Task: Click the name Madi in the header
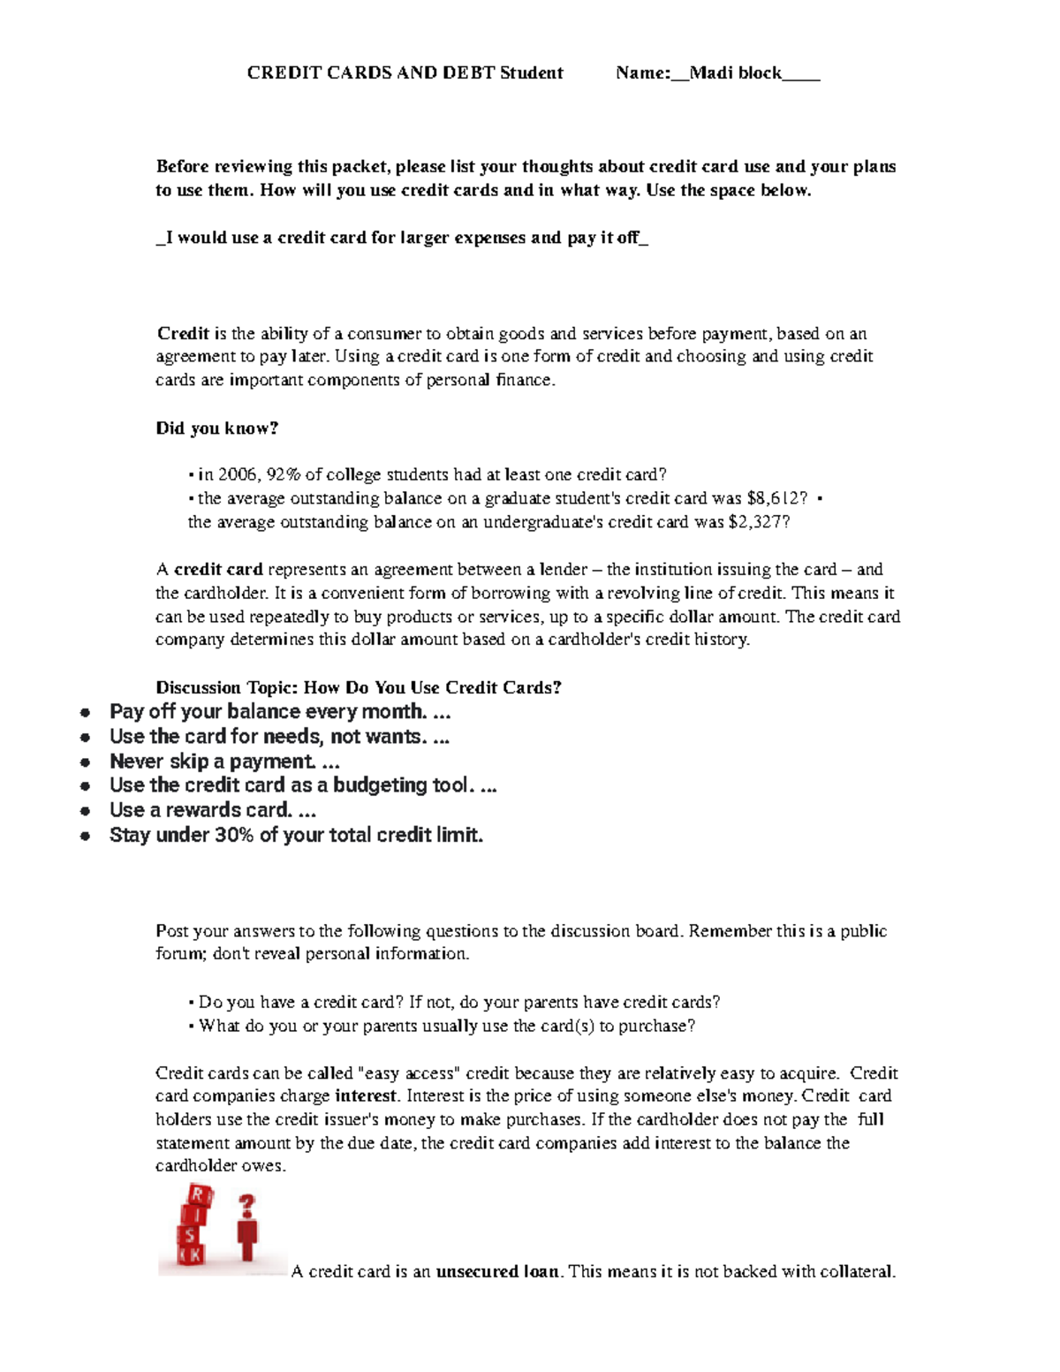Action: click(x=711, y=73)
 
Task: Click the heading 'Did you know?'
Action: click(x=216, y=428)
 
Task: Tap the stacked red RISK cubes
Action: click(x=193, y=1226)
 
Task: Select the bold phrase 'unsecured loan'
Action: click(x=497, y=1272)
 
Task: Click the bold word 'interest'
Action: click(x=366, y=1096)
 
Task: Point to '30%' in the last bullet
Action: click(x=234, y=836)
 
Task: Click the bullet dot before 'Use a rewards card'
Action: click(x=86, y=811)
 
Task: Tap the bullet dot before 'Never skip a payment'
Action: click(x=86, y=762)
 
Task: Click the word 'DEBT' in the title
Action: click(x=469, y=73)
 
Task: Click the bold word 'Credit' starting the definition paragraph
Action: click(x=183, y=334)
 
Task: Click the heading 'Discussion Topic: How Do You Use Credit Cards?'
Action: click(x=358, y=687)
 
